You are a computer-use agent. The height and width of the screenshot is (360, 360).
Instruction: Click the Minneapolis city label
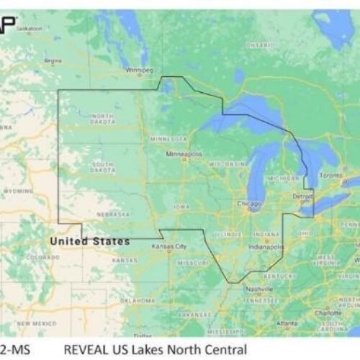coord(184,153)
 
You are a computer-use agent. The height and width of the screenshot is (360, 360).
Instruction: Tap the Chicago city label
coord(250,204)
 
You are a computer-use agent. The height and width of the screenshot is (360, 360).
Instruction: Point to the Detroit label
coord(302,196)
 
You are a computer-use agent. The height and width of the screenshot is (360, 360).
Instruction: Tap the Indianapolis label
coord(265,246)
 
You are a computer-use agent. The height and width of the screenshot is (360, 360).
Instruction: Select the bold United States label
coord(90,241)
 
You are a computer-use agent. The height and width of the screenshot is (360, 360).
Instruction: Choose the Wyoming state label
coord(18,192)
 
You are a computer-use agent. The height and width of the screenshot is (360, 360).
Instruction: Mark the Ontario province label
coord(260,45)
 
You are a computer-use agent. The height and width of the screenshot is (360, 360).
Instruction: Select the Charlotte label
coord(328,313)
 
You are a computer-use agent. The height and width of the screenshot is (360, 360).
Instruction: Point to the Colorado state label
coord(43,257)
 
